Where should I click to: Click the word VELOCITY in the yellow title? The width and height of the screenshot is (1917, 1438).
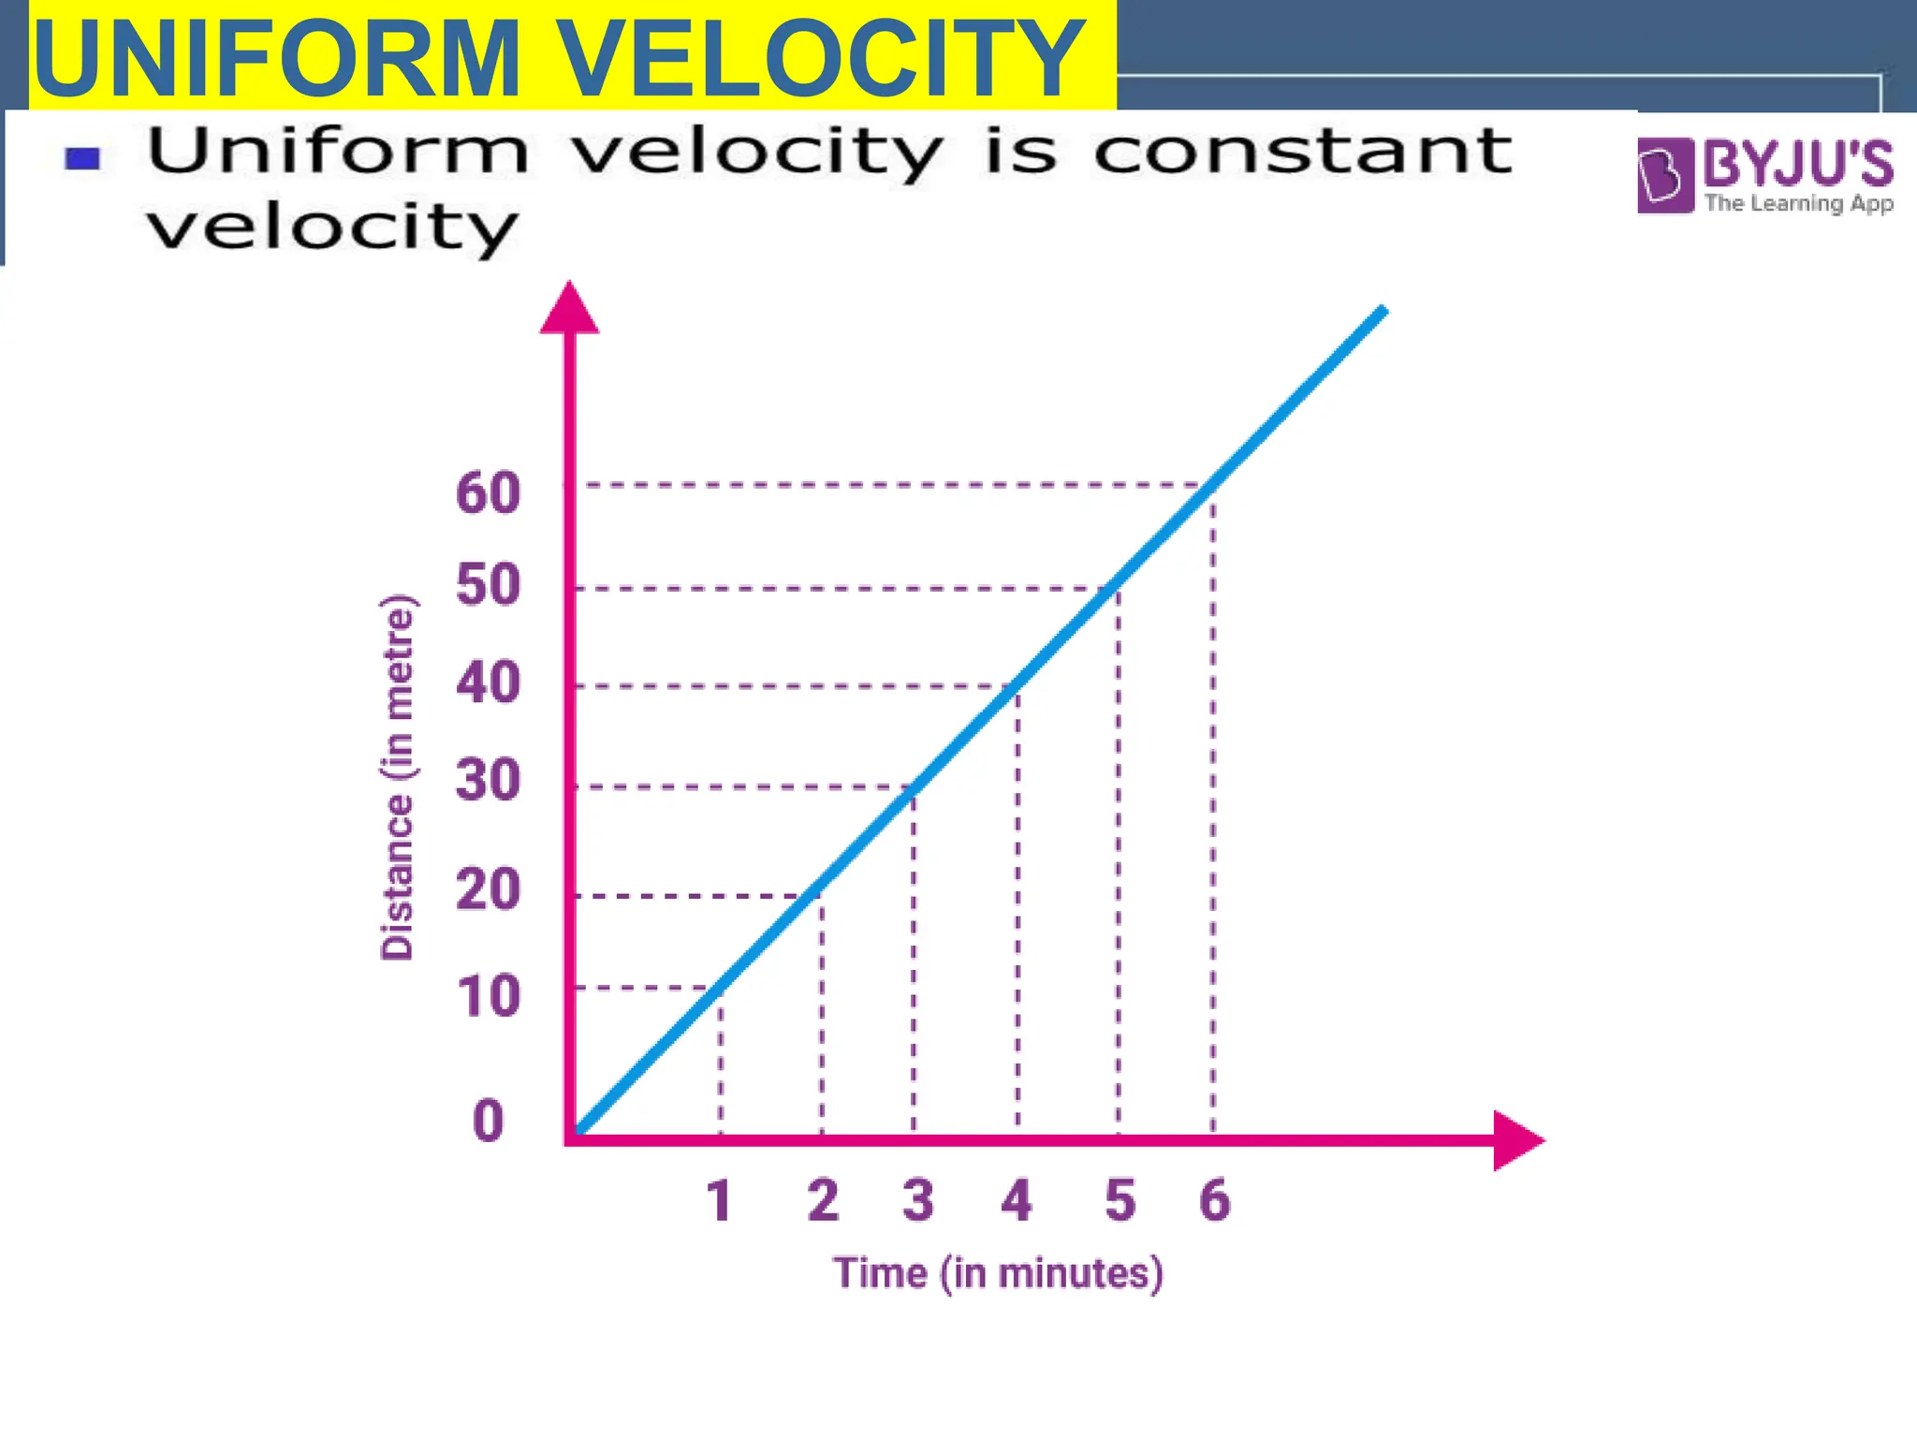pos(824,58)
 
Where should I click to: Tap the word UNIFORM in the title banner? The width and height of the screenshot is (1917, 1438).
pos(277,58)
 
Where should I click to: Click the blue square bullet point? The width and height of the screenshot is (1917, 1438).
pos(82,159)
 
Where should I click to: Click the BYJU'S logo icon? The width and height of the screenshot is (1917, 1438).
pos(1665,175)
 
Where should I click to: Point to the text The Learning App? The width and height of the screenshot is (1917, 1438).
pos(1798,203)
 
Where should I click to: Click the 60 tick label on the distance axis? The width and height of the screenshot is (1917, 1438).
pos(488,492)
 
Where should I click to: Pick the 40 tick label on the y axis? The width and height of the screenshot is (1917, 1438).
pos(488,682)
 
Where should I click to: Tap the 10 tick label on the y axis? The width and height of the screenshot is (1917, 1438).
pos(488,996)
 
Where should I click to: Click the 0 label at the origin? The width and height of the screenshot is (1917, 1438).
pos(488,1121)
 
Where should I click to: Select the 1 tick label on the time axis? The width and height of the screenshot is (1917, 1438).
pos(719,1201)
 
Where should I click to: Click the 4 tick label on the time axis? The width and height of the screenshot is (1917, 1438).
pos(1017,1201)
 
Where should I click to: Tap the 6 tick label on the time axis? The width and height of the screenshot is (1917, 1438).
pos(1215,1201)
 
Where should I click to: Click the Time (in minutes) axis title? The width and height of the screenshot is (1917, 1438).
pos(998,1274)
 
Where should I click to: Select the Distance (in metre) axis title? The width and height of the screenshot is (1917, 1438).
pos(397,778)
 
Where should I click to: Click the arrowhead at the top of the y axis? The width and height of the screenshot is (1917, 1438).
pos(569,309)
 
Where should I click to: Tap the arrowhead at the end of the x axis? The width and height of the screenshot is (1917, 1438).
pos(1515,1139)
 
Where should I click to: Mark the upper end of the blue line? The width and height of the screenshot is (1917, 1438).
pos(1383,310)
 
